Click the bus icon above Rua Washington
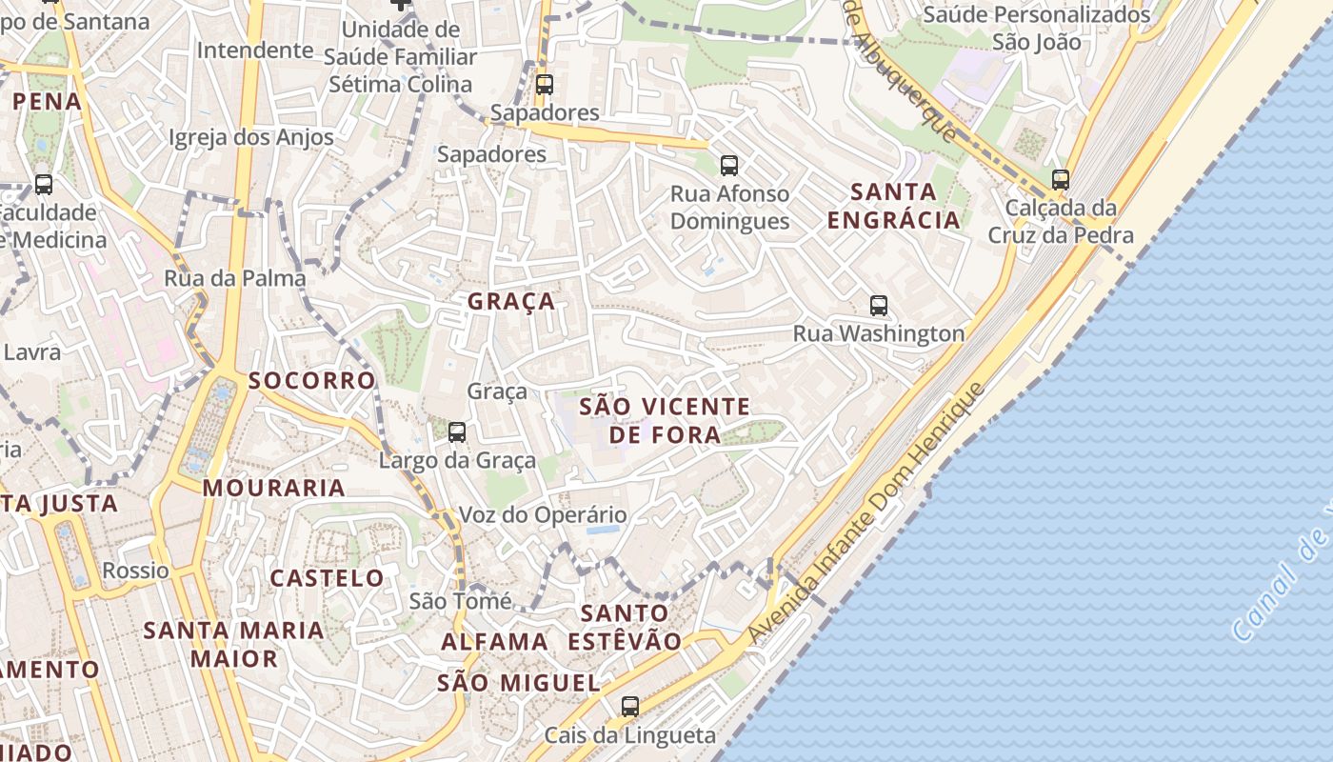pyautogui.click(x=878, y=306)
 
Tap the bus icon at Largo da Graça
pyautogui.click(x=457, y=432)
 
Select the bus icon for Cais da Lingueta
pyautogui.click(x=629, y=707)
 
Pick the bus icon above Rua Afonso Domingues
pyautogui.click(x=728, y=166)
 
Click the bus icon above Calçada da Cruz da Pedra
pyautogui.click(x=1060, y=179)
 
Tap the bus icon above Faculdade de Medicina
pyautogui.click(x=43, y=185)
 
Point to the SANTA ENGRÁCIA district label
pyautogui.click(x=893, y=206)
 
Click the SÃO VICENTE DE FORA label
pyautogui.click(x=664, y=421)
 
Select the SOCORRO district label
pyautogui.click(x=311, y=381)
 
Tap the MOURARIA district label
pyautogui.click(x=273, y=489)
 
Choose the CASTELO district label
pyautogui.click(x=327, y=578)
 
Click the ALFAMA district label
pyautogui.click(x=494, y=642)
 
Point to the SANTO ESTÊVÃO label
pyautogui.click(x=624, y=627)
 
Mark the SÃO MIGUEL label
pyautogui.click(x=518, y=683)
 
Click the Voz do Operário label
pyautogui.click(x=543, y=515)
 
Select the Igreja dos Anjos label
pyautogui.click(x=250, y=137)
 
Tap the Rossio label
pyautogui.click(x=135, y=571)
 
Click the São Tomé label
pyautogui.click(x=460, y=601)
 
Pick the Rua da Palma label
pyautogui.click(x=234, y=278)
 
